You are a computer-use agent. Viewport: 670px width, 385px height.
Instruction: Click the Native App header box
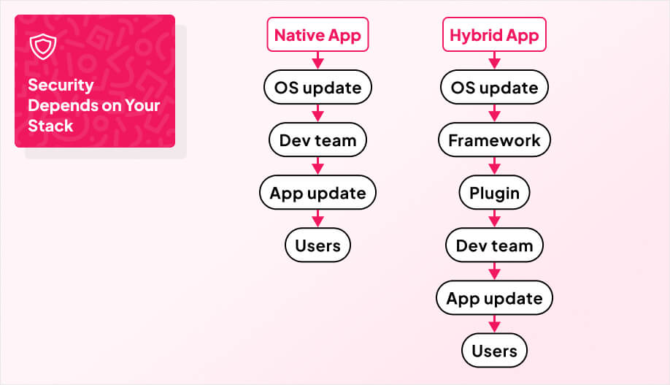[x=317, y=35]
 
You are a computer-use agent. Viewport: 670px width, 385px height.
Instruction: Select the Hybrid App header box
[x=494, y=35]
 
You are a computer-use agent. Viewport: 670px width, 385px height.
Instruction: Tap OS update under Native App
[x=317, y=88]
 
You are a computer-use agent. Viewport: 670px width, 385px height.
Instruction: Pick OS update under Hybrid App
[x=494, y=88]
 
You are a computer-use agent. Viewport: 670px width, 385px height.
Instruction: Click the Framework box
[x=494, y=140]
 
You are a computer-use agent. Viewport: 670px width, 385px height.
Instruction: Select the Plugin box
[x=494, y=193]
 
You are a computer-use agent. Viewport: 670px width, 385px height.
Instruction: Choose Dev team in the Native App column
[x=317, y=140]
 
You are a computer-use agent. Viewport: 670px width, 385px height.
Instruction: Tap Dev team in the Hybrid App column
[x=494, y=245]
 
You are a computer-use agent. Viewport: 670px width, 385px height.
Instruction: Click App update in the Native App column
[x=317, y=193]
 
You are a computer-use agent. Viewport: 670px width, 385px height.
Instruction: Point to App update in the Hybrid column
[x=494, y=298]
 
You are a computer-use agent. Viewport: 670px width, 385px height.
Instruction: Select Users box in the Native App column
[x=317, y=245]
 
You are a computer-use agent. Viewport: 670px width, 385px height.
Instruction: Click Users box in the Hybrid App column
[x=494, y=351]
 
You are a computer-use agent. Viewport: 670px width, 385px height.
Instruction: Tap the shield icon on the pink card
[x=42, y=47]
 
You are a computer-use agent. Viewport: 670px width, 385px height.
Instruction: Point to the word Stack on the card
[x=50, y=126]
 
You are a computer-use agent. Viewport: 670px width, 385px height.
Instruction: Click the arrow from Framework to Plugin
[x=494, y=167]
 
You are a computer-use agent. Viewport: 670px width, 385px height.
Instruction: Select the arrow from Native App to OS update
[x=317, y=61]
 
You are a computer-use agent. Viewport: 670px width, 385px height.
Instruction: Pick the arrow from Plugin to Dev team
[x=494, y=219]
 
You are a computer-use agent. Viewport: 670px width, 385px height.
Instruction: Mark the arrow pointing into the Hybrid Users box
[x=494, y=324]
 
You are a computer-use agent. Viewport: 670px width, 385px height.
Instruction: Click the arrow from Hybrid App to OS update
[x=494, y=61]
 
